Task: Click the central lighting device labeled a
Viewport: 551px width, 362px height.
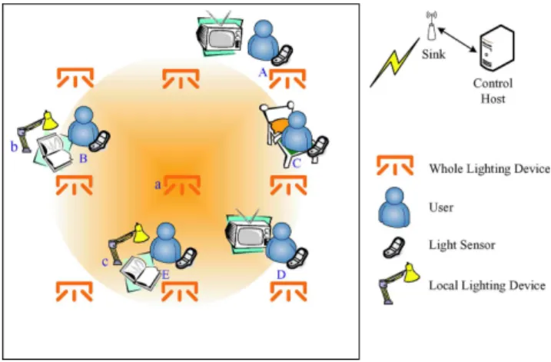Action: [x=181, y=185]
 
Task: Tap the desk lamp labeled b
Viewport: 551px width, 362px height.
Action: [x=37, y=131]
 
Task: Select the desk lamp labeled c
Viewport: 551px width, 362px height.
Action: [x=128, y=243]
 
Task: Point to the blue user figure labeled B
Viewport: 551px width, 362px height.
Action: [x=83, y=126]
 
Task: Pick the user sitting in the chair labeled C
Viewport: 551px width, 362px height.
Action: [x=297, y=131]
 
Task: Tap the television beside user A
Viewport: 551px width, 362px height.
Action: [x=220, y=33]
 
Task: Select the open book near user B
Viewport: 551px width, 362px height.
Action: [x=55, y=152]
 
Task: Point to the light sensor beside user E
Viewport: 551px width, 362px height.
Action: [x=186, y=258]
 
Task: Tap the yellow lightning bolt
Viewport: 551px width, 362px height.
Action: [x=395, y=62]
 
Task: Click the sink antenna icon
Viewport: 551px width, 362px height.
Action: [x=431, y=25]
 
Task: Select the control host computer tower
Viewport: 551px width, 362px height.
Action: [x=497, y=48]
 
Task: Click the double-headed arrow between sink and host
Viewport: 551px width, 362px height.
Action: [x=457, y=40]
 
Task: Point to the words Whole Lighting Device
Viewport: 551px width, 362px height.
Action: [x=490, y=168]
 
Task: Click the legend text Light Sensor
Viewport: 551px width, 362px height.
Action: [x=462, y=244]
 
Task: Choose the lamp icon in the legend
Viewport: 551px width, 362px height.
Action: [x=399, y=283]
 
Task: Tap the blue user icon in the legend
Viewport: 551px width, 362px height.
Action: [x=394, y=207]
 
